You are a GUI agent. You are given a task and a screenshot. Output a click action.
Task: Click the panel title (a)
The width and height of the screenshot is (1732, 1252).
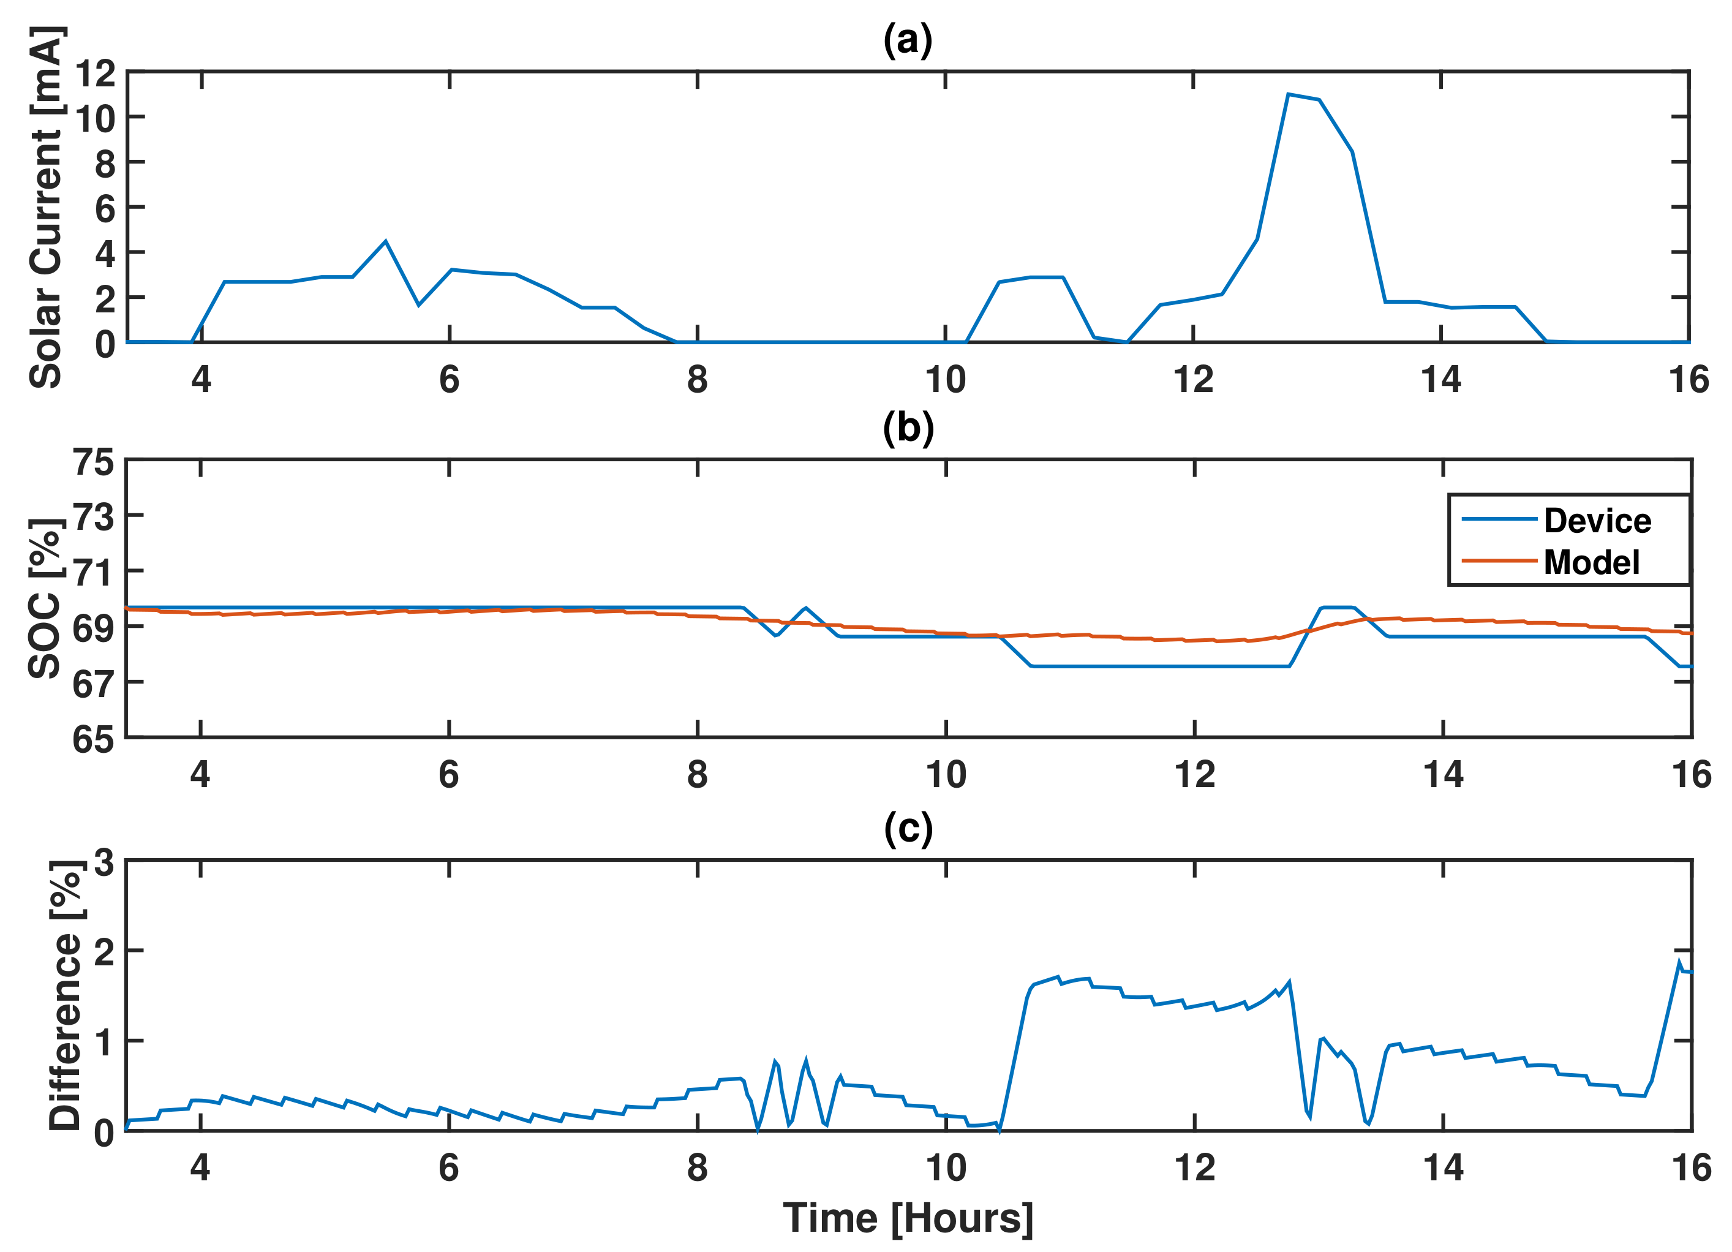click(908, 40)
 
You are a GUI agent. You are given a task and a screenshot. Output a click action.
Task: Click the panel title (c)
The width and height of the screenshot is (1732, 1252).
click(908, 828)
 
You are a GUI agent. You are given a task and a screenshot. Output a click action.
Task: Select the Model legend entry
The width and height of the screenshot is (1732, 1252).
click(1591, 562)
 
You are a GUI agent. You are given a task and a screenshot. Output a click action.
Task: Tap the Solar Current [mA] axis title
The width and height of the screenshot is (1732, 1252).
click(46, 208)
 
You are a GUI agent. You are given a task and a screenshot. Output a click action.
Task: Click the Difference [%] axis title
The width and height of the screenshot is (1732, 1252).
click(66, 996)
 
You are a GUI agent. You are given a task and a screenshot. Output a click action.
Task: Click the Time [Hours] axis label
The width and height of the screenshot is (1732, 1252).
click(908, 1218)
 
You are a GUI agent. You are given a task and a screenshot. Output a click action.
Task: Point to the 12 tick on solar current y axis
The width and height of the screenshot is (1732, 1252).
click(95, 74)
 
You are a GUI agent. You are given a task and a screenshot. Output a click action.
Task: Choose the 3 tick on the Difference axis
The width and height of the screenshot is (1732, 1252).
click(104, 864)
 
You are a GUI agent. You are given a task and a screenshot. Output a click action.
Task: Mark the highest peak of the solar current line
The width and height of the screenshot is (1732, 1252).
click(1289, 94)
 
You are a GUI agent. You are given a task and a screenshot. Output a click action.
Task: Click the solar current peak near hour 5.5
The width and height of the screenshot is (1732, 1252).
click(386, 241)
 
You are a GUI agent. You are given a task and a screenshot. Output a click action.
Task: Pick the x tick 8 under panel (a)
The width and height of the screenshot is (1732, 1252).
click(696, 380)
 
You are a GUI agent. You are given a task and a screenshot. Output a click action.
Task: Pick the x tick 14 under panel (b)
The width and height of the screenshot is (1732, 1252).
click(1442, 775)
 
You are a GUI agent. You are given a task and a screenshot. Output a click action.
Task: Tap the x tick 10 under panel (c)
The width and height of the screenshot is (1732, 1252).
click(946, 1168)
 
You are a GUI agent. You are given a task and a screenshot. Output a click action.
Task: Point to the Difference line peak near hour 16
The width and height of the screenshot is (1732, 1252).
click(1679, 962)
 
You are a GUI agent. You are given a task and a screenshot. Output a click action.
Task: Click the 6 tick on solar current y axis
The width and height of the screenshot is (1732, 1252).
click(105, 208)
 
